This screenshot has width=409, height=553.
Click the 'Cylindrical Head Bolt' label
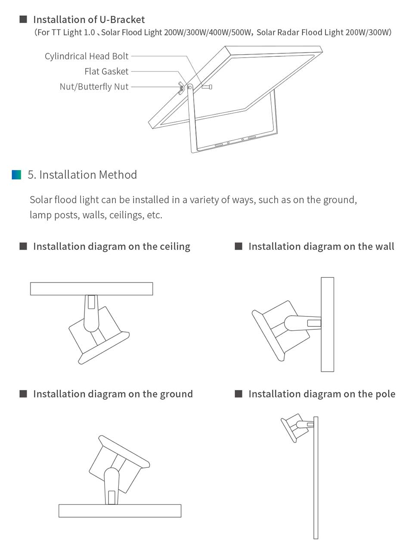[x=87, y=56]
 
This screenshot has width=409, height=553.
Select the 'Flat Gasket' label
[x=106, y=71]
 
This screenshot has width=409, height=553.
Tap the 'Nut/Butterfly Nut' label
[x=94, y=87]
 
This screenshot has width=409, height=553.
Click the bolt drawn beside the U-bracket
[x=207, y=87]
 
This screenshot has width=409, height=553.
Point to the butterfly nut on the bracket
[x=182, y=88]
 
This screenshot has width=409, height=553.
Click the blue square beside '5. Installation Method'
[x=16, y=175]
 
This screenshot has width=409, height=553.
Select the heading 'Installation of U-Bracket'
[x=89, y=19]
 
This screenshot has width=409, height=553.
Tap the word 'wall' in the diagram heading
[x=384, y=246]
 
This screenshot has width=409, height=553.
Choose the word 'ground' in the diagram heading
[x=176, y=394]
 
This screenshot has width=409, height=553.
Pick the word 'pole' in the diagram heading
[x=385, y=394]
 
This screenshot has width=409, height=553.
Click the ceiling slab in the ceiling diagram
[x=91, y=289]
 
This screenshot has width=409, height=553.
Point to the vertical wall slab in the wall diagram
[x=327, y=324]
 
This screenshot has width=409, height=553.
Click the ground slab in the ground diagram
[x=120, y=510]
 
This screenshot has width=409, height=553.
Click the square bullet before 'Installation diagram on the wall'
[x=239, y=246]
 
